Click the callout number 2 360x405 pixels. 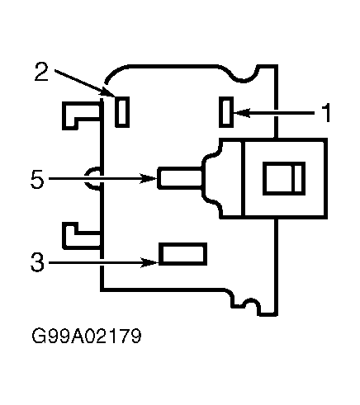pos(41,72)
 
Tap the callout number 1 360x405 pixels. pos(326,113)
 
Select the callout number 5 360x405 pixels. pos(37,179)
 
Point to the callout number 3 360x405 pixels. pos(37,262)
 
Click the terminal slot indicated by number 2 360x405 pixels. pos(122,112)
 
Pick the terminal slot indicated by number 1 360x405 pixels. pos(226,112)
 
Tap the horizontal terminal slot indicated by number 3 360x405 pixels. pos(183,254)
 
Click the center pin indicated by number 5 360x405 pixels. pos(180,178)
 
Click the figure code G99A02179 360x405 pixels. pos(87,336)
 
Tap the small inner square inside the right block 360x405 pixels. pos(284,178)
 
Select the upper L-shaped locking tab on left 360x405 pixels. pos(81,115)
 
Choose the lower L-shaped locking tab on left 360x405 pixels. pos(81,236)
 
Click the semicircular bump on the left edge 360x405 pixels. pos(92,178)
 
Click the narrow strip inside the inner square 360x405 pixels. pos(299,178)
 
